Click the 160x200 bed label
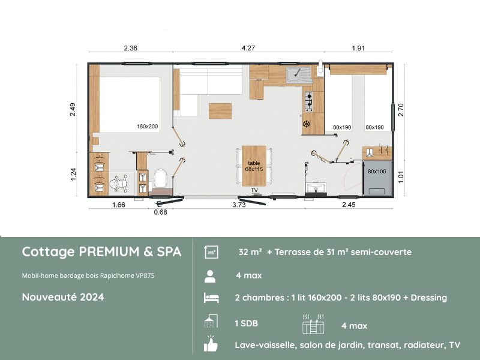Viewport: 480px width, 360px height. (147, 127)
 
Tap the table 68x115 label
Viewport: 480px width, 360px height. (254, 166)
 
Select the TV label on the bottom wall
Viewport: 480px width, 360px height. (254, 190)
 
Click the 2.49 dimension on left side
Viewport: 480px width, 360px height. (73, 109)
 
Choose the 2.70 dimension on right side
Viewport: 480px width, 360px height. (401, 109)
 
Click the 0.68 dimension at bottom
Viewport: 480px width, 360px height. (160, 211)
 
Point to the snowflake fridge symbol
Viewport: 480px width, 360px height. (306, 124)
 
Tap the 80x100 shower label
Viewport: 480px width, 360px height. (376, 172)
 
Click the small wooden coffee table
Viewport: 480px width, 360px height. (220, 111)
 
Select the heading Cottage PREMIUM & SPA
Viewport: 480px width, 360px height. (101, 252)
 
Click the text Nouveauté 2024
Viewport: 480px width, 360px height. (63, 297)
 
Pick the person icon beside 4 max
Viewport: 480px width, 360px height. (211, 276)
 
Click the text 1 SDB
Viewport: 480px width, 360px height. (247, 323)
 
